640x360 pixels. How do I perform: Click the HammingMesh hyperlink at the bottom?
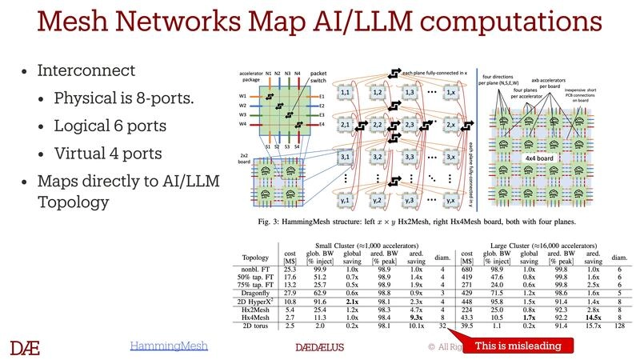pos(169,346)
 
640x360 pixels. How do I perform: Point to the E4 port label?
pos(298,125)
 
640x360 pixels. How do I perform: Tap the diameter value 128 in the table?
pos(618,326)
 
